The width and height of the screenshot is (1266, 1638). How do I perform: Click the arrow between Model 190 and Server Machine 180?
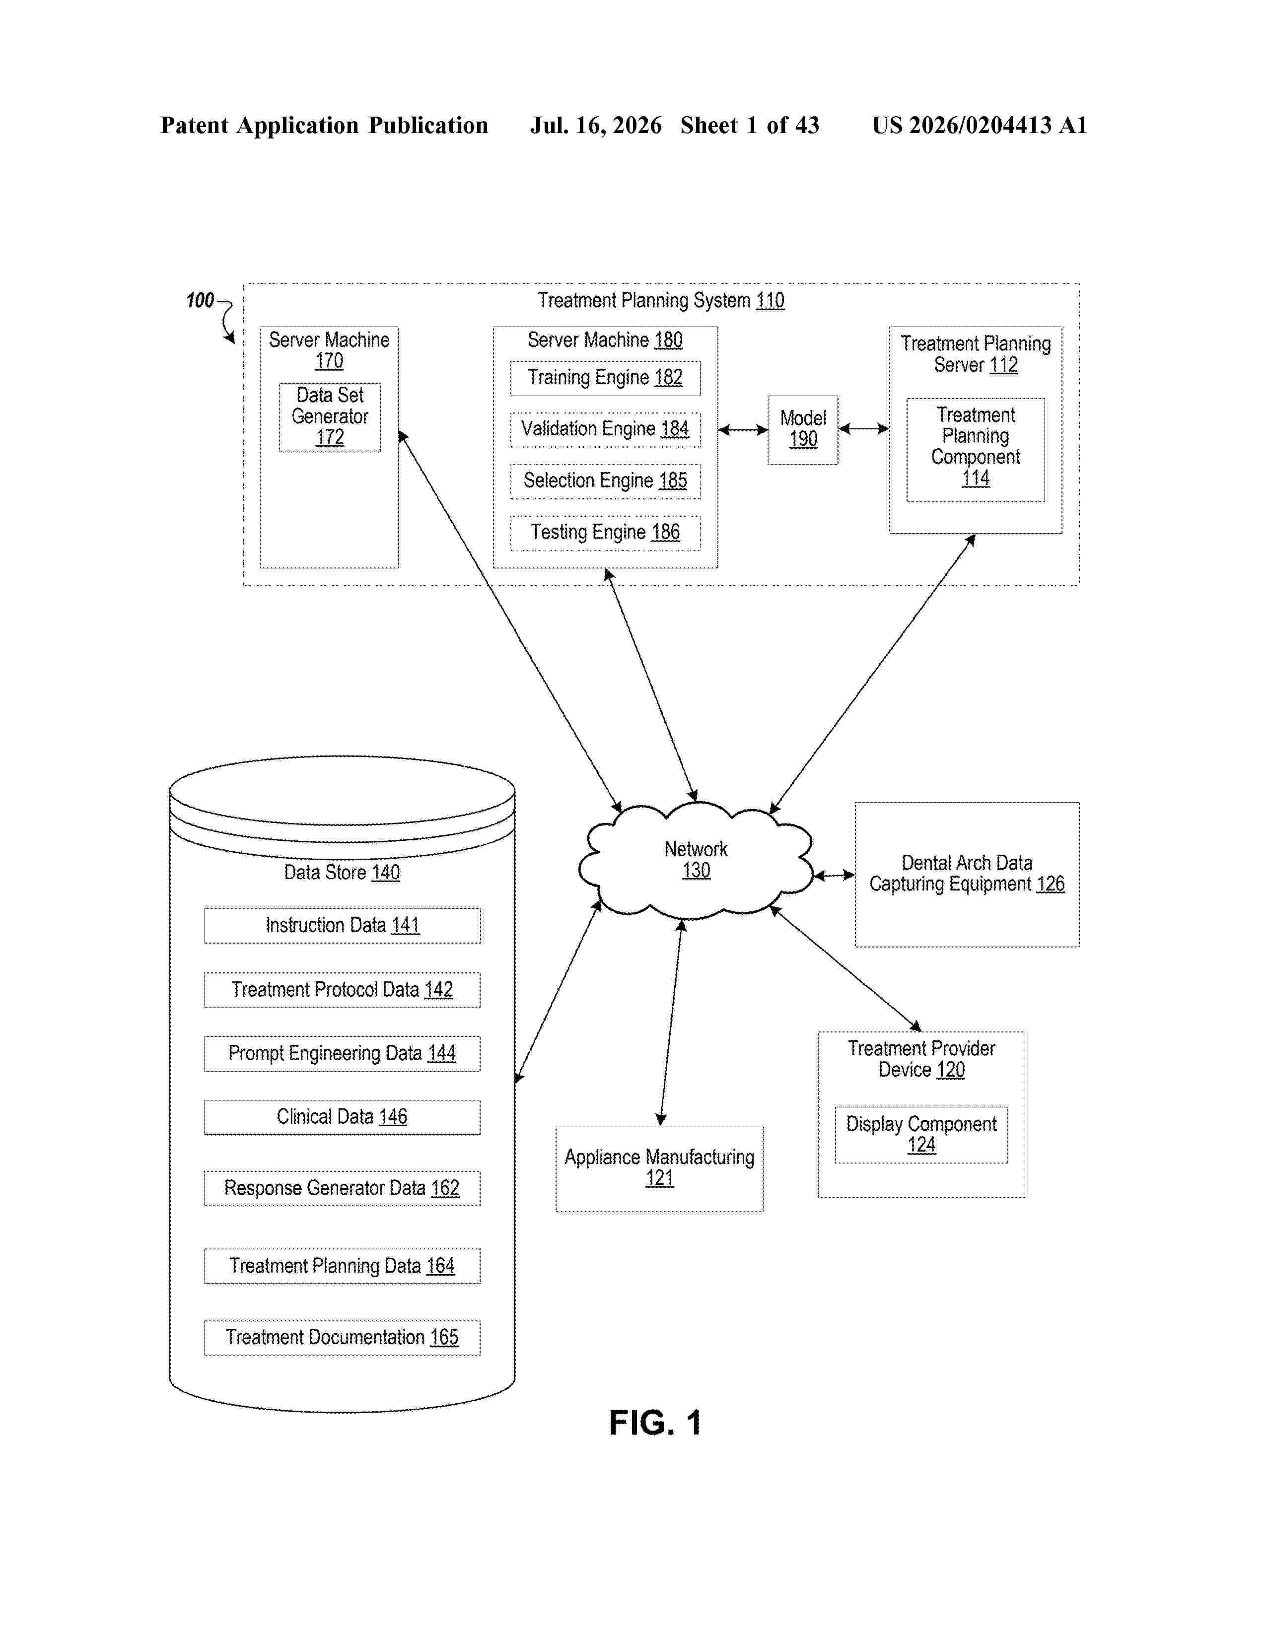[x=743, y=430]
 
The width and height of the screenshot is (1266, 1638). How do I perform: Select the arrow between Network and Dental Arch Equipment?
[x=835, y=875]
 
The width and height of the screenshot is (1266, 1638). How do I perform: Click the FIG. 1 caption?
[x=655, y=1423]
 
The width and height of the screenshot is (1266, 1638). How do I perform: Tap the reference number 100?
[x=200, y=301]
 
